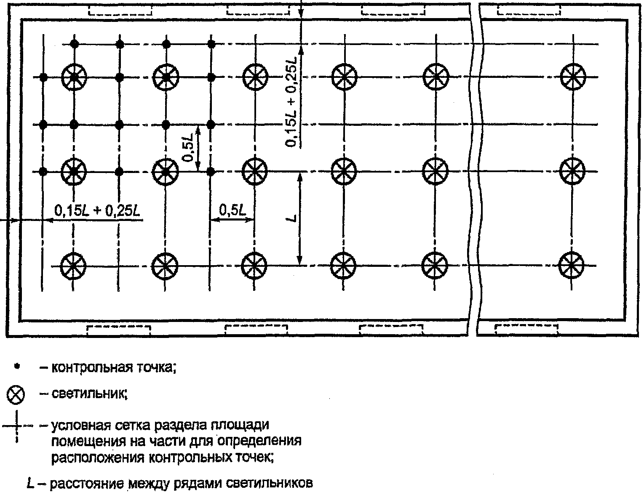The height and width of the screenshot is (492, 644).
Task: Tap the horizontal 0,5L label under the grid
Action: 232,210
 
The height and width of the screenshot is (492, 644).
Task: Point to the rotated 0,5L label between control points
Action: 188,148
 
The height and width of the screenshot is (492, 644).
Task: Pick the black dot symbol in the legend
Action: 17,367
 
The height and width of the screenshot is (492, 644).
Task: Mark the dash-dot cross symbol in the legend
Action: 17,427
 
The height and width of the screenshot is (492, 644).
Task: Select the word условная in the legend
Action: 76,426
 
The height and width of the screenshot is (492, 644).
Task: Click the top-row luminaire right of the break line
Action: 573,77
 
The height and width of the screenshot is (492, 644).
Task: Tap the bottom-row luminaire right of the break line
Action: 571,266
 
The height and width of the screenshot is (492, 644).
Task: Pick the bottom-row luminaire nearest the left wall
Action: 74,266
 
